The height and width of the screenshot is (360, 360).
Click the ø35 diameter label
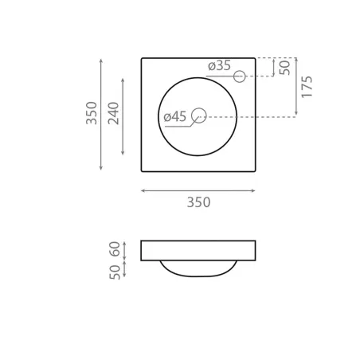(x=219, y=65)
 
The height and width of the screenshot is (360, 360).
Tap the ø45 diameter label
(x=175, y=117)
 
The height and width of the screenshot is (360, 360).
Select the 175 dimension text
(x=307, y=87)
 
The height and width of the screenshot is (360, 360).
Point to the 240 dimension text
(x=114, y=113)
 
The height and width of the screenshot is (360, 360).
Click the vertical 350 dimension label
(x=92, y=113)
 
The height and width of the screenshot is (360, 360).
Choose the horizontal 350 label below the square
(x=198, y=202)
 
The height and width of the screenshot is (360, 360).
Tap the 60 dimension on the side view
(x=115, y=248)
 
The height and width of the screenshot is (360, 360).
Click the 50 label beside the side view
(x=115, y=272)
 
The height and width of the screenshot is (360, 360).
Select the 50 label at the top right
(x=284, y=68)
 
